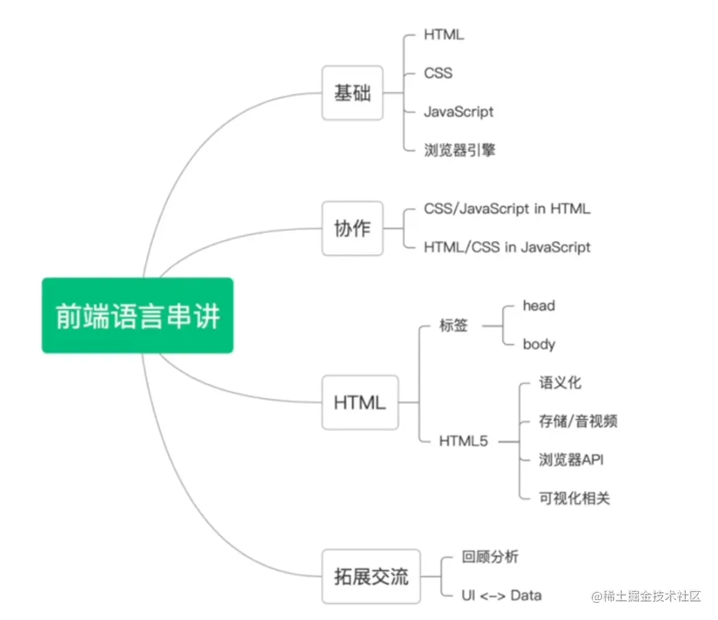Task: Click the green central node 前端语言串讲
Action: click(137, 315)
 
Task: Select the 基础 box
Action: click(352, 93)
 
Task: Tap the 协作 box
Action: click(352, 229)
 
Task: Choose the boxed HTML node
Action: click(359, 402)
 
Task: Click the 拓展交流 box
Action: click(371, 576)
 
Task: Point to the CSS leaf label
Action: click(438, 73)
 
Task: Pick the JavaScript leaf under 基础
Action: click(458, 111)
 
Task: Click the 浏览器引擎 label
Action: click(459, 150)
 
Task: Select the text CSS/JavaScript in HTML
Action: click(507, 209)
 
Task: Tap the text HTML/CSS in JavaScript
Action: click(507, 247)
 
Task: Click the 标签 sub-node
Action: click(453, 325)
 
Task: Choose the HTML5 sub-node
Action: click(464, 442)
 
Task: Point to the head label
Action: click(538, 306)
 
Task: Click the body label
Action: click(538, 344)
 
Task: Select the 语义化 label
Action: click(560, 382)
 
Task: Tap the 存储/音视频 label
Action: click(577, 421)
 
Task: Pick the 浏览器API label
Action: click(571, 460)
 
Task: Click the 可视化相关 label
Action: click(574, 498)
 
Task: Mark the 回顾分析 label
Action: click(490, 557)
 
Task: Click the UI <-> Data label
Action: click(502, 595)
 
